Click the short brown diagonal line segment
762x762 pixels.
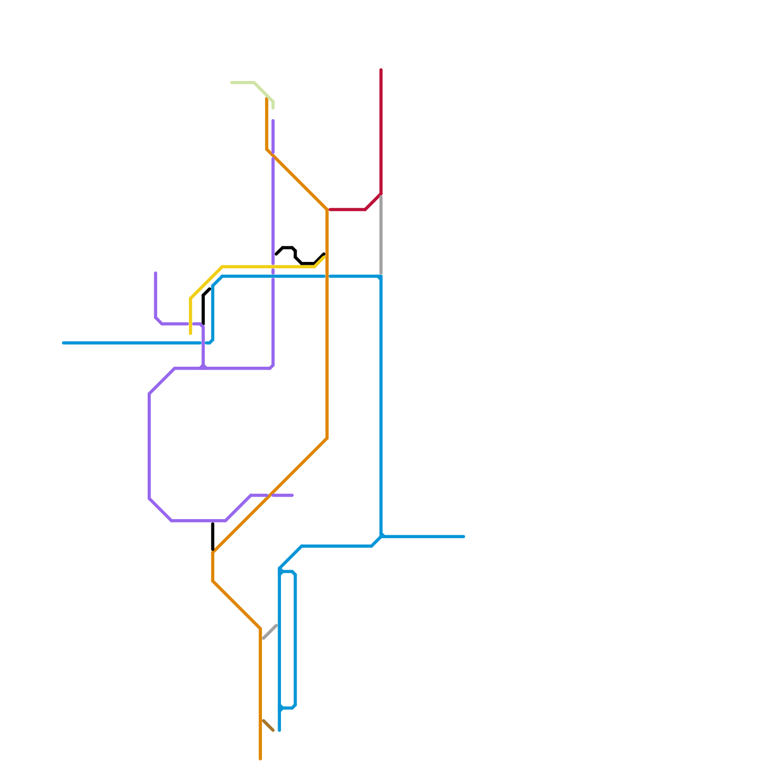coord(268,726)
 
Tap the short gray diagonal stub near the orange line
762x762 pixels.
coord(270,632)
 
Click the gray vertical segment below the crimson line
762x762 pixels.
coord(381,236)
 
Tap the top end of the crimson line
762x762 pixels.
coord(381,70)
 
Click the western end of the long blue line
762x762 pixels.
coord(64,343)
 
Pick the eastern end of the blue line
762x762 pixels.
coord(464,537)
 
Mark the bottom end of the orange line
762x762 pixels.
coord(260,759)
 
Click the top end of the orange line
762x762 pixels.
coord(267,99)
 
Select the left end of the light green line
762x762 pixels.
coord(231,83)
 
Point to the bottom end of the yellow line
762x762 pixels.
coord(190,333)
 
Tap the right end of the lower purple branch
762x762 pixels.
coord(292,495)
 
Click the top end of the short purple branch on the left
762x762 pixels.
coord(156,273)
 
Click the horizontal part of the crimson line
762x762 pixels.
coord(348,210)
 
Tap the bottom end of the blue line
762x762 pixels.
coord(279,730)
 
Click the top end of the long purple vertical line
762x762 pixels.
coord(273,121)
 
